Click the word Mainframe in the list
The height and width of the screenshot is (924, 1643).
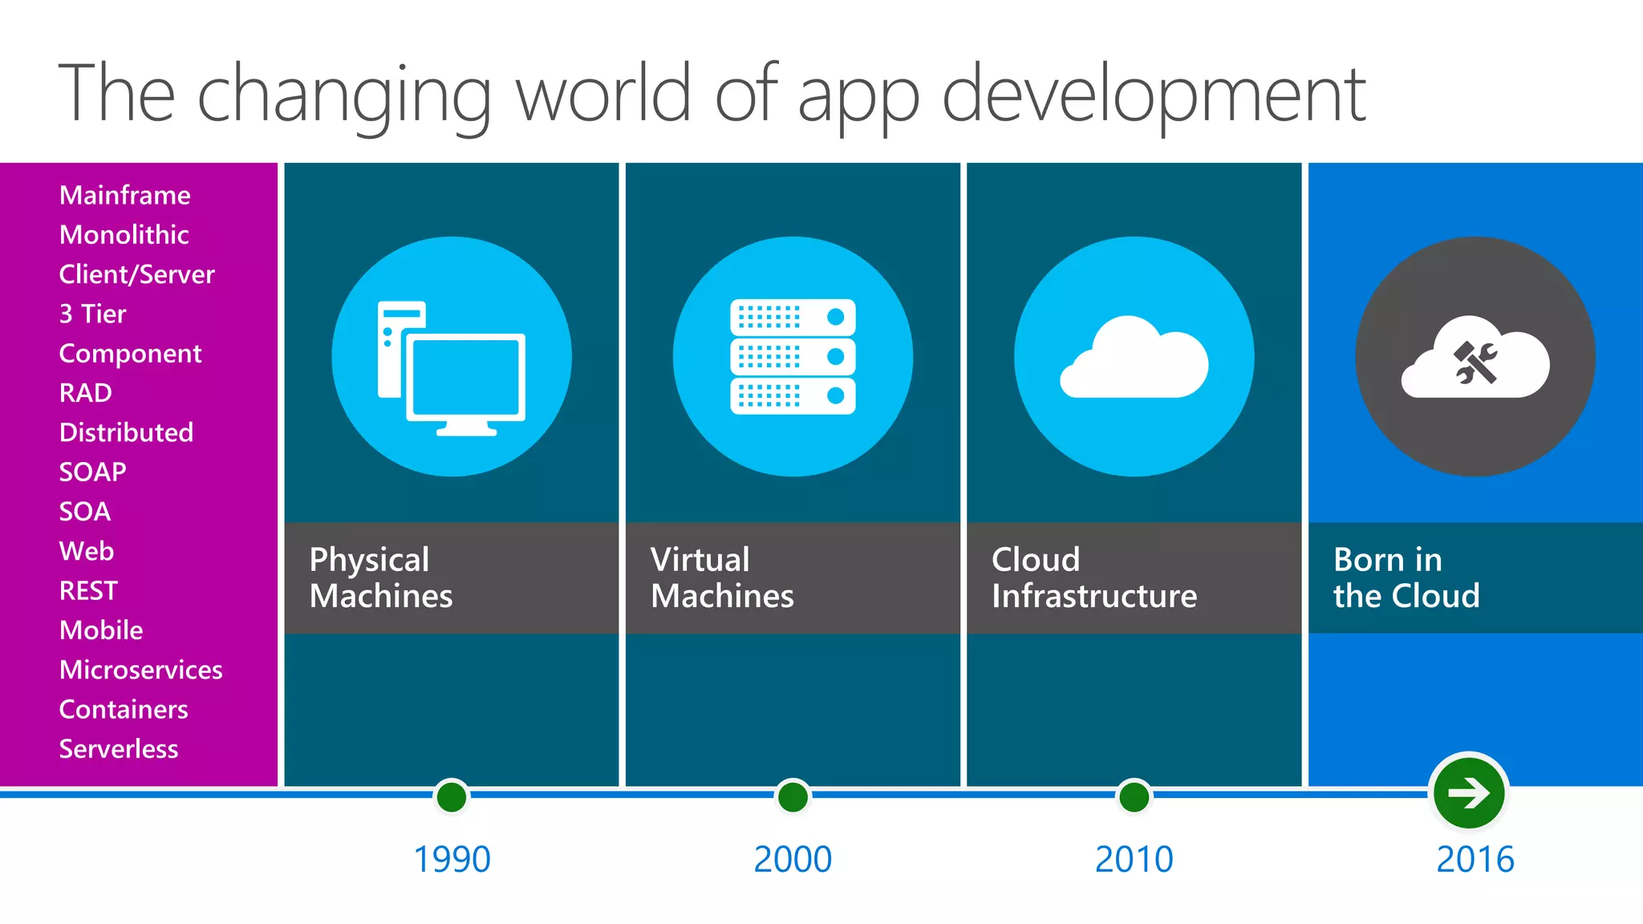(x=125, y=196)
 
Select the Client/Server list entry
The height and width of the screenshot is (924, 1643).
(x=137, y=275)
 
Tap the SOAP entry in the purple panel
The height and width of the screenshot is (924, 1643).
(x=93, y=472)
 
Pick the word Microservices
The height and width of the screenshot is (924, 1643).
(x=141, y=670)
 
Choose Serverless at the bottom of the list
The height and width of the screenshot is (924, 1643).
(x=119, y=749)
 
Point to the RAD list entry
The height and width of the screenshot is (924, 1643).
(x=86, y=393)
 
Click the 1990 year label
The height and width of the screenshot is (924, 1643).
(x=452, y=860)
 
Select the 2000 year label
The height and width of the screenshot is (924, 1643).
(x=793, y=860)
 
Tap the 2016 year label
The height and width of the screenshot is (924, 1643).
(x=1475, y=860)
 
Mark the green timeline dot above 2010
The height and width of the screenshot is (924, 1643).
(x=1134, y=797)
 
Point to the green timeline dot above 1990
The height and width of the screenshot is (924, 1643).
(x=452, y=797)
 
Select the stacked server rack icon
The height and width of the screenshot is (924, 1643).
(x=793, y=357)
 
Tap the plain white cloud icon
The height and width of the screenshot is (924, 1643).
(x=1134, y=359)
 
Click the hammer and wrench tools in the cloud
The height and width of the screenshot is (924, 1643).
(x=1475, y=363)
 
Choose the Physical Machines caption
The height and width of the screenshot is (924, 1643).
(x=381, y=577)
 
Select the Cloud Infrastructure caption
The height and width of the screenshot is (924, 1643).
(x=1094, y=577)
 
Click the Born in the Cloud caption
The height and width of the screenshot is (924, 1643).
(x=1406, y=577)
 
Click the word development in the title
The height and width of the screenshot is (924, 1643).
(x=1154, y=95)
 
